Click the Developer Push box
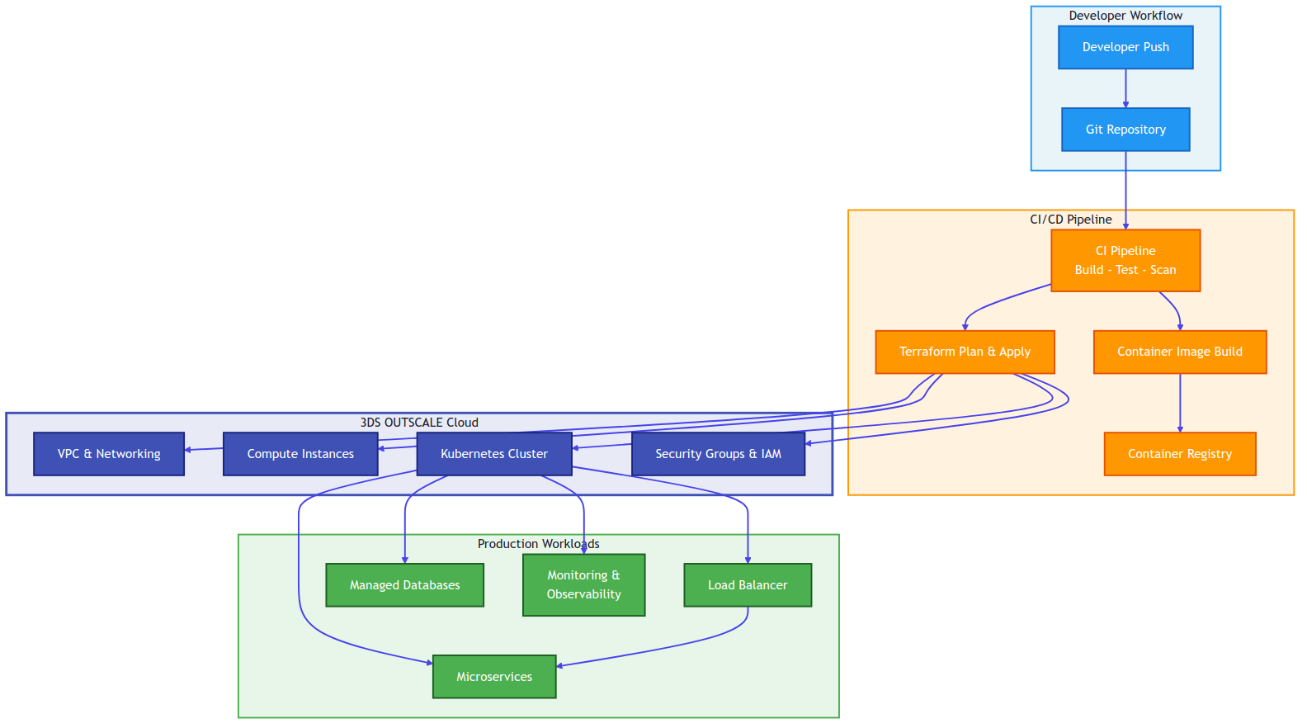1125,47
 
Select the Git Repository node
1125,130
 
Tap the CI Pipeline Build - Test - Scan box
1125,260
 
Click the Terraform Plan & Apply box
965,352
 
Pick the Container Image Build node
1179,352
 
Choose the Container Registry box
1179,454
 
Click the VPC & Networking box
109,454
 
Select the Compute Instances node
300,454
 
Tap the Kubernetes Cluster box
493,454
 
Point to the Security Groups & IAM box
718,454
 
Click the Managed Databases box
404,585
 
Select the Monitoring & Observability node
583,584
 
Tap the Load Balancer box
748,585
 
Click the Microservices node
494,677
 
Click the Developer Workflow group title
1125,16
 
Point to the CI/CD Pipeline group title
1070,220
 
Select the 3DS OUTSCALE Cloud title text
419,423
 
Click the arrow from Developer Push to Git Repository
1125,88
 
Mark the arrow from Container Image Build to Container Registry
1179,403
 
